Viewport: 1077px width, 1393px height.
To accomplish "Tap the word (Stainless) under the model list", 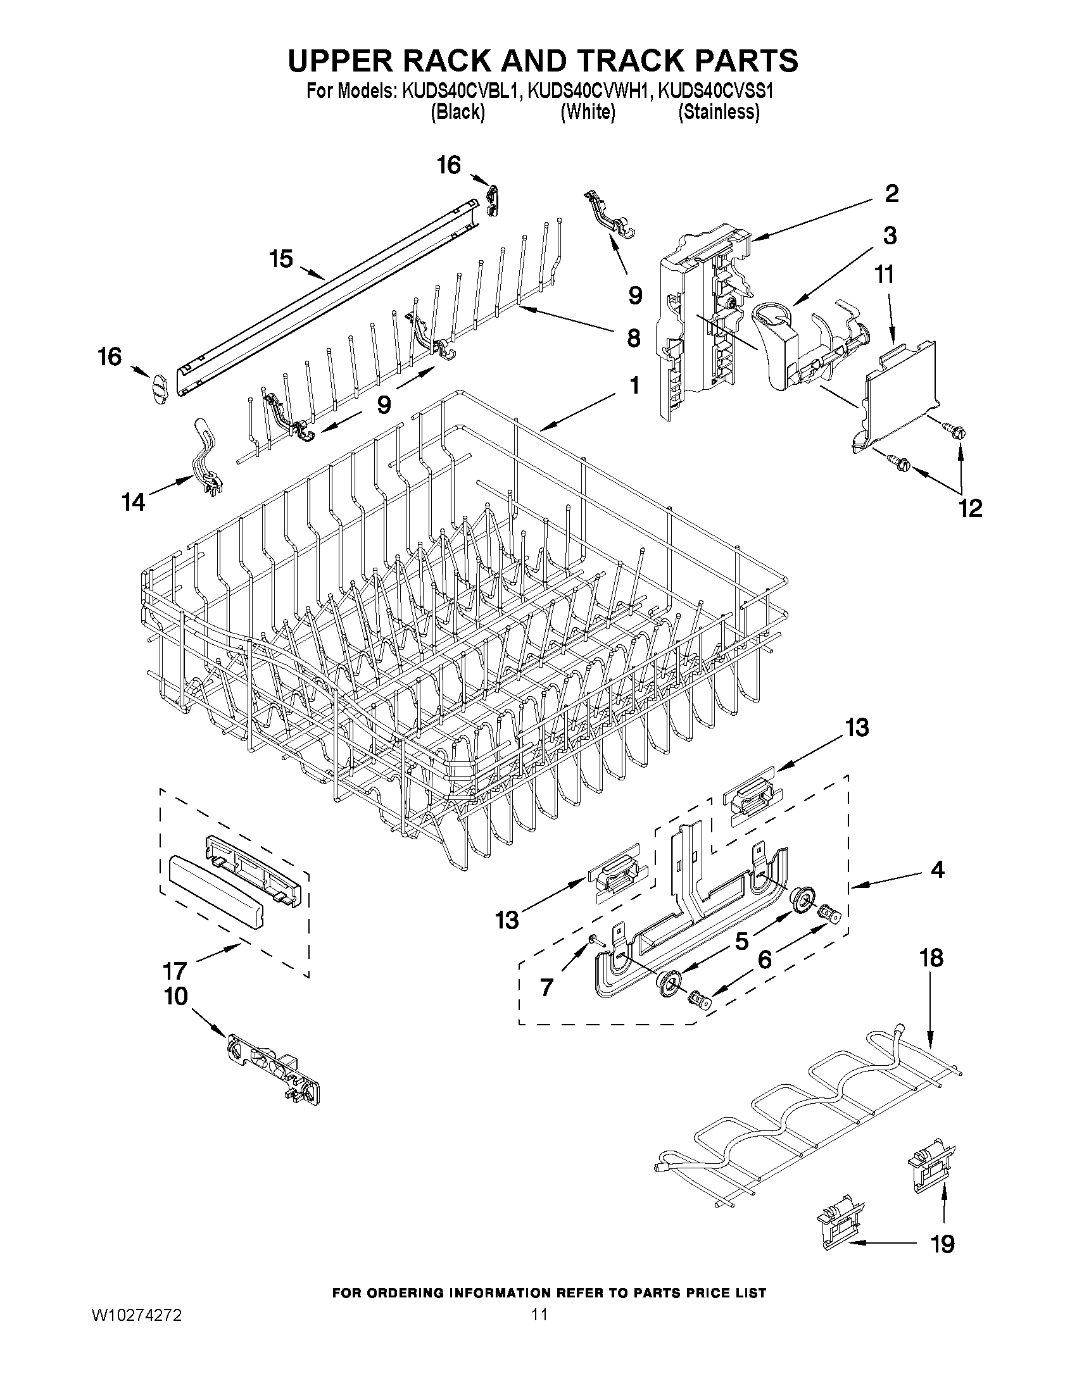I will (x=719, y=112).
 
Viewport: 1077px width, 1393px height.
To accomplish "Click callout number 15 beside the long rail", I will (x=280, y=259).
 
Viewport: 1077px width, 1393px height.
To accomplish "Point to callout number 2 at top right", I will (x=891, y=193).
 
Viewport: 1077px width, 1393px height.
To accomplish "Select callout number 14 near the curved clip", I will (x=134, y=503).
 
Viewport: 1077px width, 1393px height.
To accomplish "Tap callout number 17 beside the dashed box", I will (x=174, y=971).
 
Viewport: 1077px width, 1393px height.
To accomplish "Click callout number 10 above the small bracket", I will (x=176, y=996).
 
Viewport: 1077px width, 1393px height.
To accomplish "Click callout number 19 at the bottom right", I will (x=943, y=1243).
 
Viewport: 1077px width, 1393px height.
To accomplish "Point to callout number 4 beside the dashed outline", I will (x=936, y=870).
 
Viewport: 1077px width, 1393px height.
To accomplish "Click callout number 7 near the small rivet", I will (x=547, y=988).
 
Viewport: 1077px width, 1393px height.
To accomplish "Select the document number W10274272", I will (x=137, y=1315).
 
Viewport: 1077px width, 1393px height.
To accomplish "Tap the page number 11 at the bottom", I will (x=540, y=1315).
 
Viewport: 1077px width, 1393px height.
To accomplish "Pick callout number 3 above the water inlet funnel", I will (x=890, y=235).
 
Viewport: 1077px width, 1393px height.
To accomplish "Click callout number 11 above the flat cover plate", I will (x=885, y=275).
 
